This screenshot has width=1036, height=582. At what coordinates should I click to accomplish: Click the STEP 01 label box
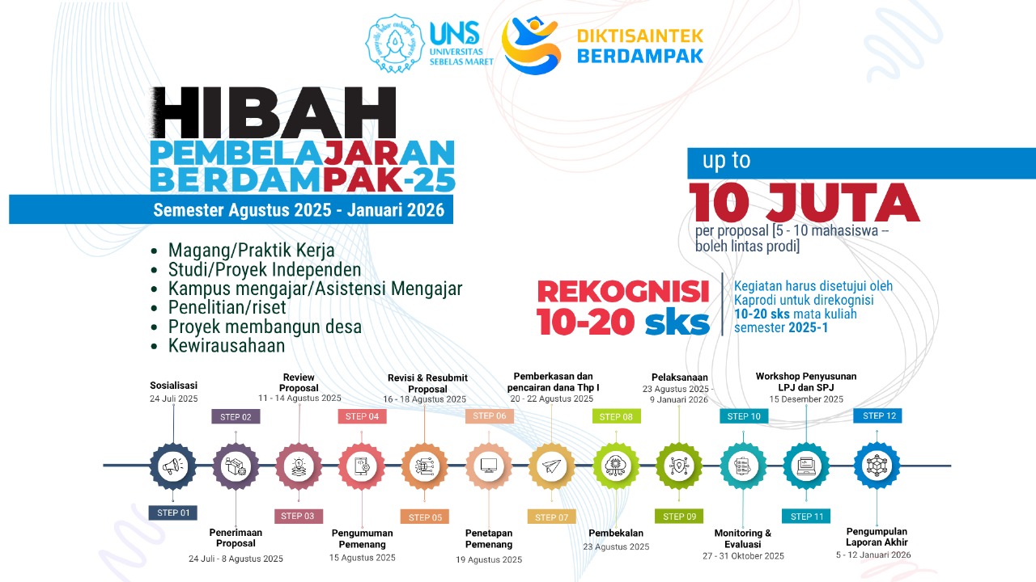[173, 512]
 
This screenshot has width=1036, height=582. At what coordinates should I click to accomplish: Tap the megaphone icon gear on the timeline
[173, 466]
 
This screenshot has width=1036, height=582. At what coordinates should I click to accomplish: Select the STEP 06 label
[490, 415]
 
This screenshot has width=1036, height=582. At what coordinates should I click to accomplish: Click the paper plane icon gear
[551, 466]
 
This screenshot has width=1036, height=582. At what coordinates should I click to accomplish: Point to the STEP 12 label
[877, 415]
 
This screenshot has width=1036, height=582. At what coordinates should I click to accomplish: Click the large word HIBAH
[274, 112]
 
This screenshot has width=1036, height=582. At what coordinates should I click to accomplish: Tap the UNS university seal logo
[394, 44]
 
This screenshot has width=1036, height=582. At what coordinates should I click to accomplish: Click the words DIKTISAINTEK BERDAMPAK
[640, 46]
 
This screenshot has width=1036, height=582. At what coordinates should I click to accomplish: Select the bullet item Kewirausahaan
[227, 346]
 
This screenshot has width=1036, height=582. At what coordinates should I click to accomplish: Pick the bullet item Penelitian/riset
[227, 308]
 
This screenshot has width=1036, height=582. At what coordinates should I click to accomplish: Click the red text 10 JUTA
[805, 203]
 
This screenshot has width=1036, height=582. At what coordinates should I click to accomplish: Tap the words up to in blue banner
[727, 161]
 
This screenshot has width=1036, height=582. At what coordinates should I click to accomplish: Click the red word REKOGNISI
[623, 292]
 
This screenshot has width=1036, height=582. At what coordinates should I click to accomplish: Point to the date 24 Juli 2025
[173, 399]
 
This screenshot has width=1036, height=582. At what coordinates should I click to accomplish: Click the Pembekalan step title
[616, 533]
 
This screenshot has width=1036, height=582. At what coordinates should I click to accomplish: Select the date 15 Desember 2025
[806, 399]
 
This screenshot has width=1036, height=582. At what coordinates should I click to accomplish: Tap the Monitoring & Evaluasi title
[743, 538]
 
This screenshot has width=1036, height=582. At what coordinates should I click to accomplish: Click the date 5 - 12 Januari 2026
[873, 555]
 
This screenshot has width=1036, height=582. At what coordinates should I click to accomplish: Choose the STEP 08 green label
[616, 416]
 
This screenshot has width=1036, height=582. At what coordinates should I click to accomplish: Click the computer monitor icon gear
[489, 466]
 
